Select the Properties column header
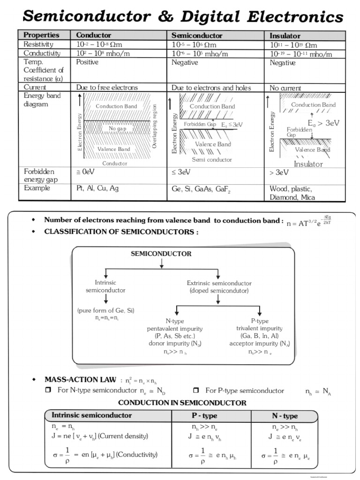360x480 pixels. point(41,35)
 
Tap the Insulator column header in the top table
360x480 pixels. point(285,36)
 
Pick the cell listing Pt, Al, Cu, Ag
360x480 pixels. point(97,188)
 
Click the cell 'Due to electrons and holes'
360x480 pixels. point(211,88)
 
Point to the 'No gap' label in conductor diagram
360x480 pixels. point(117,128)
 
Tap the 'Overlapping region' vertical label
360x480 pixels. point(155,127)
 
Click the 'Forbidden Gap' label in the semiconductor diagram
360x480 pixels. point(200,124)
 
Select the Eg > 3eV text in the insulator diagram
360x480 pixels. point(323,123)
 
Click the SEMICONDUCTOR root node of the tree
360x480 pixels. point(161,254)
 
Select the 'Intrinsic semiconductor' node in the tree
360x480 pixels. point(105,286)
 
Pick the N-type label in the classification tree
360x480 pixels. point(174,321)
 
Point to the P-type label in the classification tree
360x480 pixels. point(259,321)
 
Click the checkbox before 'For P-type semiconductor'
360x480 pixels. point(196,390)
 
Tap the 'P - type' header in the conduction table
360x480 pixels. point(211,416)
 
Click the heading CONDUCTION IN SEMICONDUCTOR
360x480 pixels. point(182,403)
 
